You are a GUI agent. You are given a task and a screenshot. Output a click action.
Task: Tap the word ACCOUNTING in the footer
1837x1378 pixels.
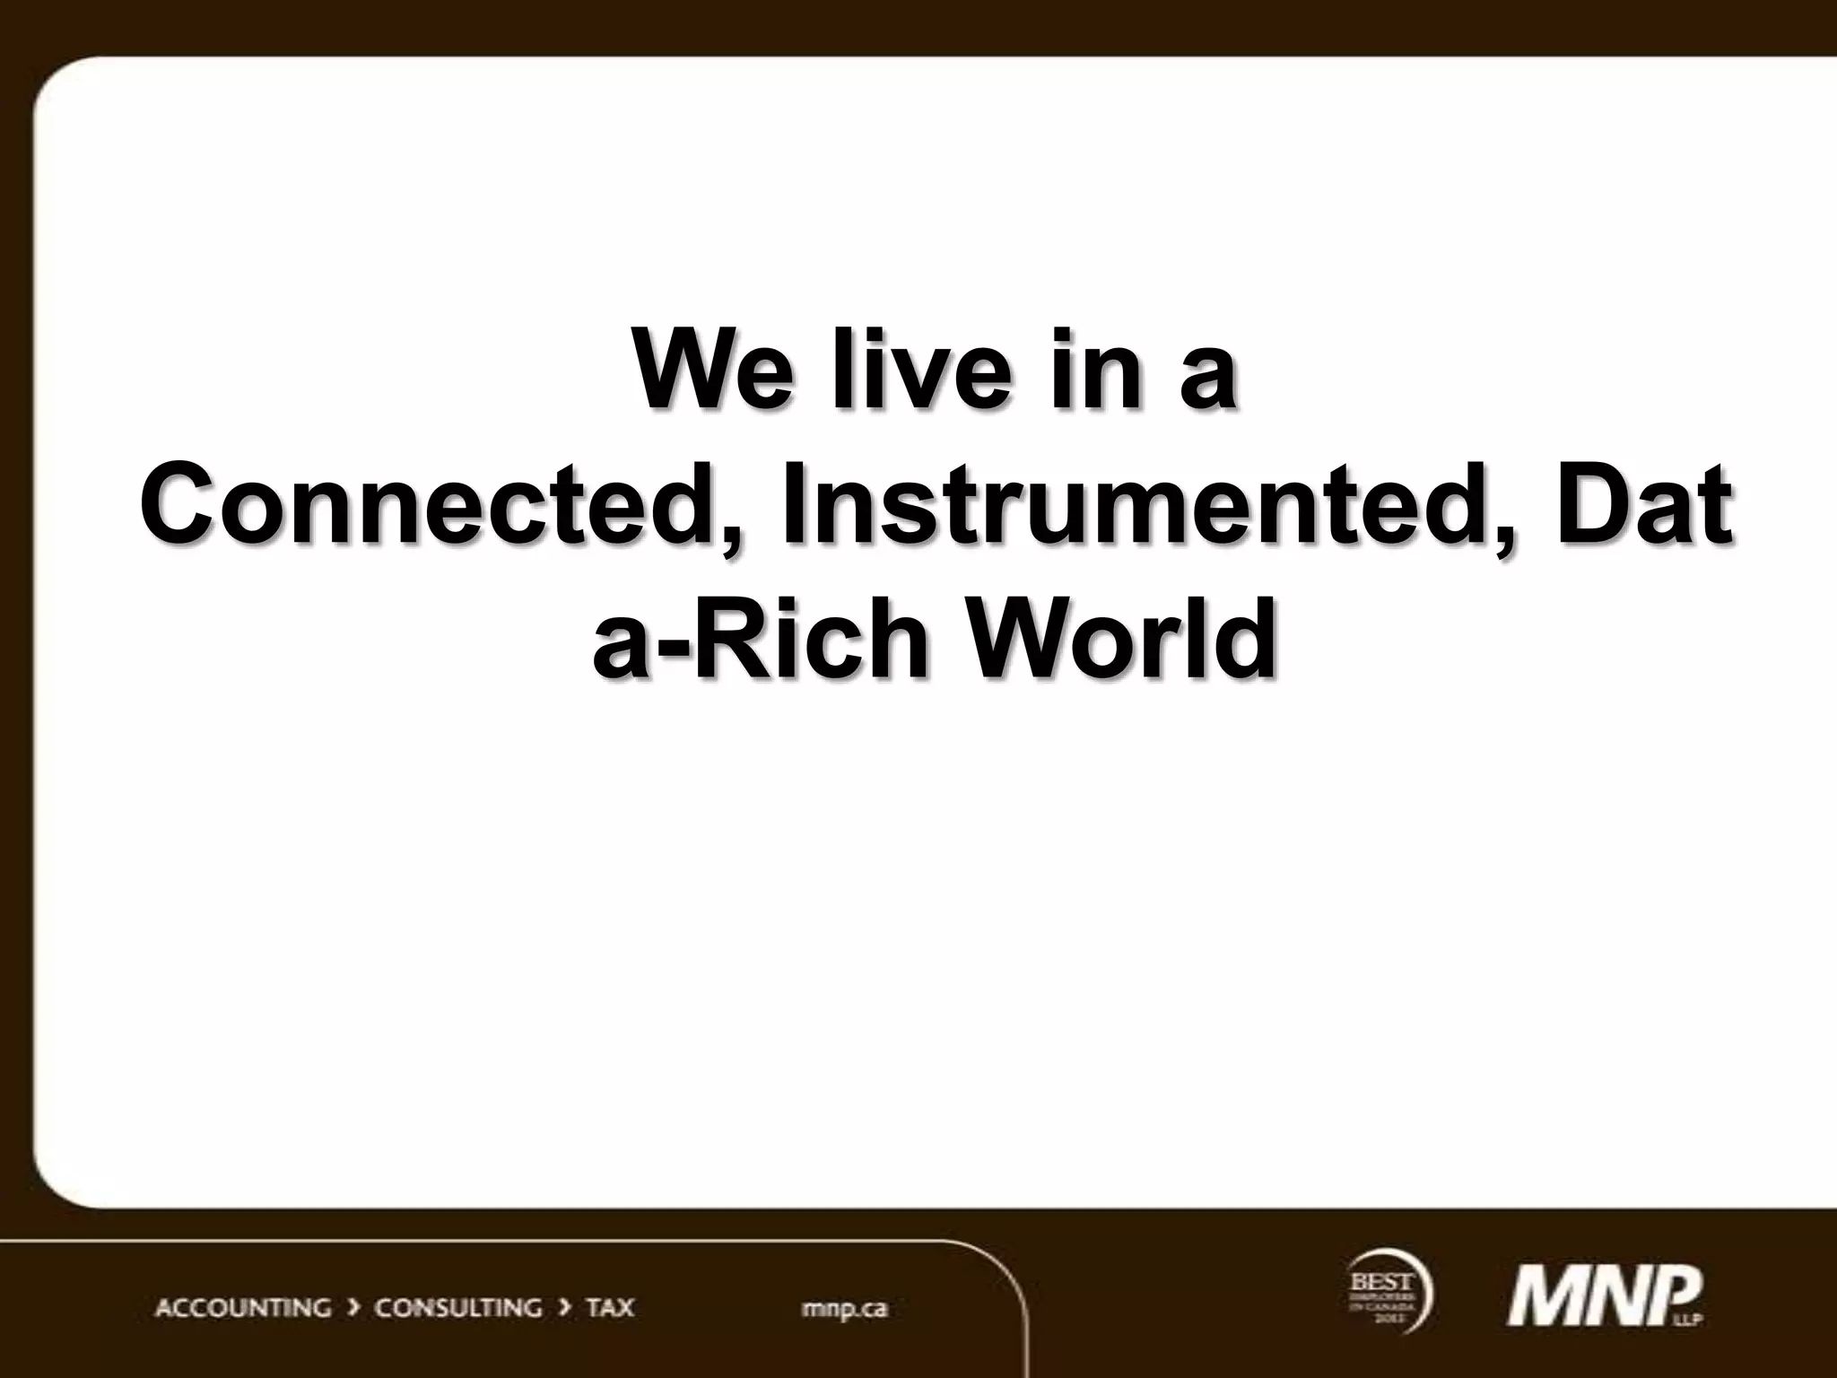pos(243,1308)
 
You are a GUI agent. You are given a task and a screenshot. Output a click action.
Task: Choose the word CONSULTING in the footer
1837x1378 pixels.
pos(458,1308)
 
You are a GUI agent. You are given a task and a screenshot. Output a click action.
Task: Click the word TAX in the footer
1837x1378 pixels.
pos(610,1308)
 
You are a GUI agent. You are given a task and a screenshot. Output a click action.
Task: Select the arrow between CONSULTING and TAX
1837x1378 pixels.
pos(564,1308)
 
